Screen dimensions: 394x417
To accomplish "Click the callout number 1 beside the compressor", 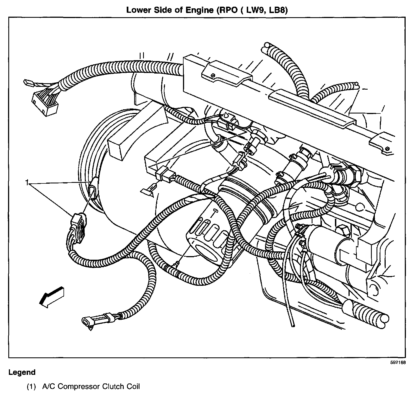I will coord(27,183).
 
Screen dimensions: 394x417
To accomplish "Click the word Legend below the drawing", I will coord(22,372).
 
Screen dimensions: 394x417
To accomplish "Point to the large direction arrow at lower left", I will coord(51,296).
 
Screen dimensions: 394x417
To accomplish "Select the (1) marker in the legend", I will coord(31,387).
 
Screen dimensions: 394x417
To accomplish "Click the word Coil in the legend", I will coord(133,387).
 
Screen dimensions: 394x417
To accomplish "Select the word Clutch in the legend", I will coord(112,387).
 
